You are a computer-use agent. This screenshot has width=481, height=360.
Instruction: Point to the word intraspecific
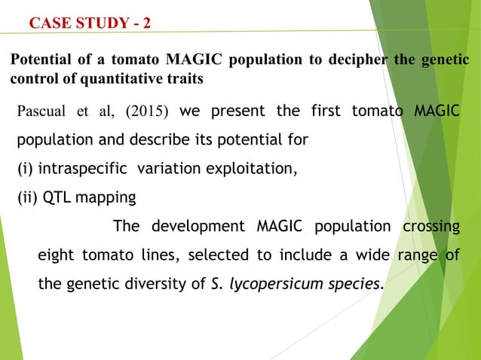point(83,169)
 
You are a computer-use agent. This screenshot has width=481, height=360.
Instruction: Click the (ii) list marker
point(28,198)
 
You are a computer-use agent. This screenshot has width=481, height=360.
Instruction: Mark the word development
point(198,227)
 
